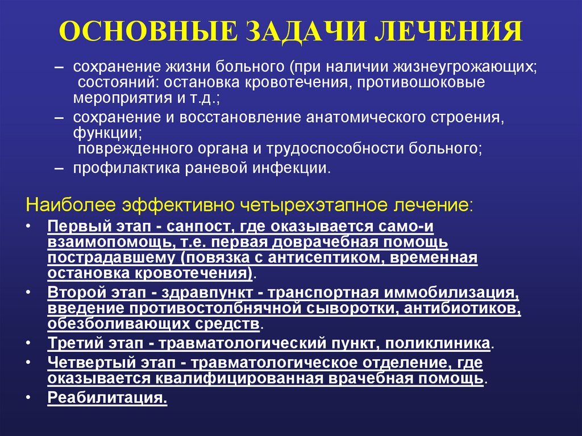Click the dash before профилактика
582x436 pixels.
[x=59, y=169]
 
